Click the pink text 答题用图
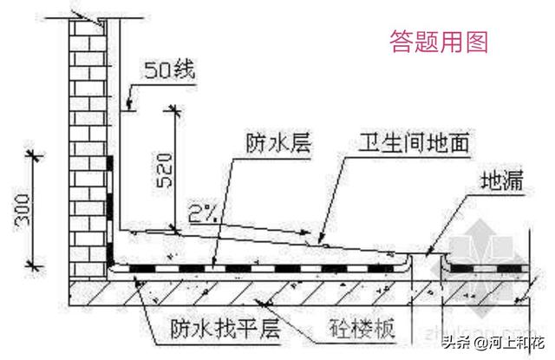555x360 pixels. click(x=439, y=41)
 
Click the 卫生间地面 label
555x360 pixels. click(x=415, y=142)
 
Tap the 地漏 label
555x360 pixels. click(x=499, y=182)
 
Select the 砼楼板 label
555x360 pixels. click(x=364, y=330)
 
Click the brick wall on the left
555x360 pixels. click(x=87, y=130)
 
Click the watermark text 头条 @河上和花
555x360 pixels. click(x=494, y=340)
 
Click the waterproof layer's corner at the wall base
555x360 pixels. click(x=114, y=261)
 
